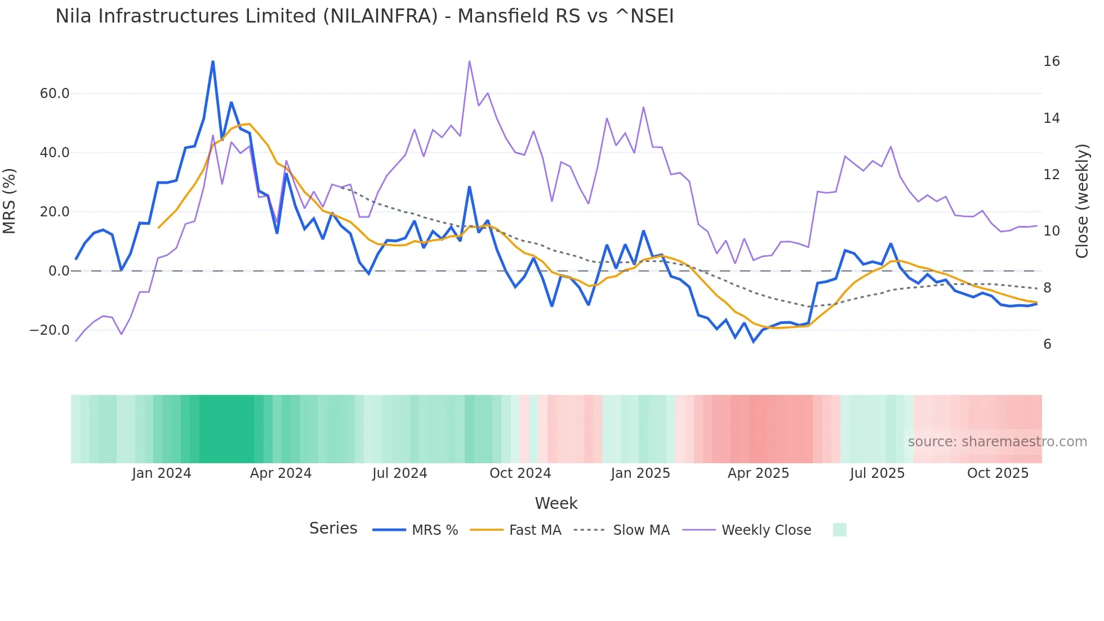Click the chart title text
[364, 16]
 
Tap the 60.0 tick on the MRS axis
[55, 94]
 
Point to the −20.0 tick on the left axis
[50, 330]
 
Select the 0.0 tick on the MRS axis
[59, 271]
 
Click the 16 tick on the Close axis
[1051, 61]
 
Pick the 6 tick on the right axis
[1047, 344]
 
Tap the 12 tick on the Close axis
[1051, 175]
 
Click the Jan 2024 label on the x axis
[162, 473]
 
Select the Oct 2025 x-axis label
[998, 473]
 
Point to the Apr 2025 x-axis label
[758, 473]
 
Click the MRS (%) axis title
[10, 201]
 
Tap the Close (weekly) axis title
[1082, 201]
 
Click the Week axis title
[556, 503]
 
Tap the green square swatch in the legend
[839, 530]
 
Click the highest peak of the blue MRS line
[213, 61]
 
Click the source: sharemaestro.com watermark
[997, 442]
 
